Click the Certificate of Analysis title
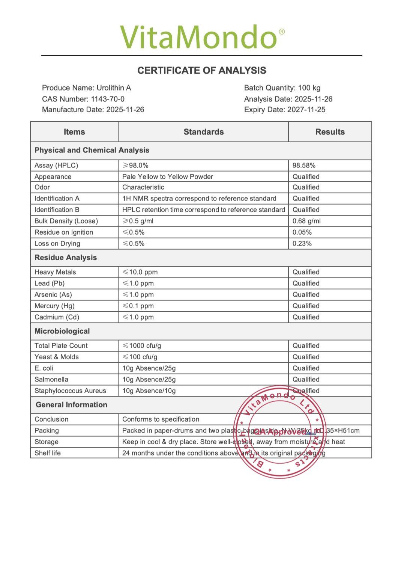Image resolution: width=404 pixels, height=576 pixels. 202,71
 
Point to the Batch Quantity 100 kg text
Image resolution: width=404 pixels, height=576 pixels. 282,88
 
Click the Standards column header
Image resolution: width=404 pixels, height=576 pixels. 203,132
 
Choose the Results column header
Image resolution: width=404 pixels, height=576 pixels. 330,132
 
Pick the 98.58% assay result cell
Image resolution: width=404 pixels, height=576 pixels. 304,166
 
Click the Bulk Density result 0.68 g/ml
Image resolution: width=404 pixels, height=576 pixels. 306,221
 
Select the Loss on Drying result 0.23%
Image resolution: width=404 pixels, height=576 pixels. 302,244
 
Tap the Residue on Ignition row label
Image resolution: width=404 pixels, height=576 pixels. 64,232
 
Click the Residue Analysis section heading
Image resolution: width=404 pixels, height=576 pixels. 66,258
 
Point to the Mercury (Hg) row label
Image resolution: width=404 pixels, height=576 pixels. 54,306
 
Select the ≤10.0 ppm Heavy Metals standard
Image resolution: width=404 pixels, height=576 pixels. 140,272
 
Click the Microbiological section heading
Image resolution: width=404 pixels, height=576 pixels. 62,331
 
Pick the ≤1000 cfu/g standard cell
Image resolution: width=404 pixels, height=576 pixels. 142,346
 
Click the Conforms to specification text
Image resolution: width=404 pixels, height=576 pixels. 161,419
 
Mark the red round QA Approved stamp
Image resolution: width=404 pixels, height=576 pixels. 280,432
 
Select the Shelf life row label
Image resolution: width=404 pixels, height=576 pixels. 48,453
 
